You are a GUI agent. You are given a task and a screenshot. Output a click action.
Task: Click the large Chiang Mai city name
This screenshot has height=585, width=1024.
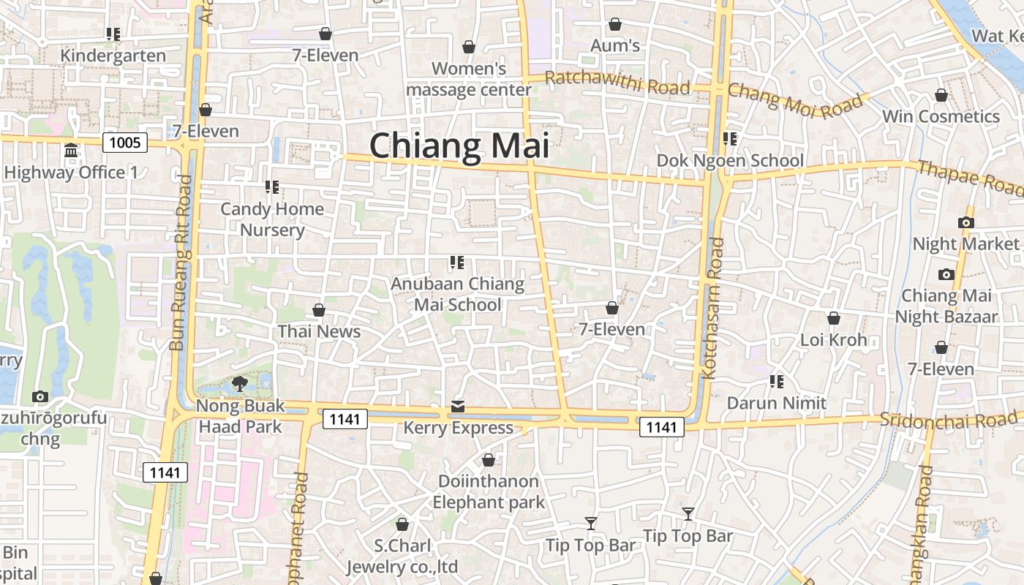pos(459,146)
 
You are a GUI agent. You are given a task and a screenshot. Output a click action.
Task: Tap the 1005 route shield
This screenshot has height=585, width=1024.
pos(125,142)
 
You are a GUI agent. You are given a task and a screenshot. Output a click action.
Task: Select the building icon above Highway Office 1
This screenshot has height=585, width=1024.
pos(71,151)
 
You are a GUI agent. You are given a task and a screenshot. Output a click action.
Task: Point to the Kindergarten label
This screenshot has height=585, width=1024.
pos(113,56)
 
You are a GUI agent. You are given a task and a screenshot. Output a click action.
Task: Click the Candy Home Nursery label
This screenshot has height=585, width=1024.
pos(272,219)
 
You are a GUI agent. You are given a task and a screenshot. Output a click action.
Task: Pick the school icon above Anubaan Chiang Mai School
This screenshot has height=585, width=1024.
pos(457,263)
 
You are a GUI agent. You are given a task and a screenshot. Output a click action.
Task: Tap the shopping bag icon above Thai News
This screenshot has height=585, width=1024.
pos(318,310)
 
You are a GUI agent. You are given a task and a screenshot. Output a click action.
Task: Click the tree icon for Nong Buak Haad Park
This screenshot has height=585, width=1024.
pos(239,383)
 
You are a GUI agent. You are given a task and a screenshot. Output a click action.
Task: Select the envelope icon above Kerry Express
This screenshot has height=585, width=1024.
pos(458,406)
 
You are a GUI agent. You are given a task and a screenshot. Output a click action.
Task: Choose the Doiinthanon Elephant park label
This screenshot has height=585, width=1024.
pos(489,491)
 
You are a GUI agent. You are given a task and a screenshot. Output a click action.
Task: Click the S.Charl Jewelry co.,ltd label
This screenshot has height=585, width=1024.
pos(402,556)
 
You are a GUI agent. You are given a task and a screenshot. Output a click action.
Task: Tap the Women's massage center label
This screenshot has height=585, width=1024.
pos(469,79)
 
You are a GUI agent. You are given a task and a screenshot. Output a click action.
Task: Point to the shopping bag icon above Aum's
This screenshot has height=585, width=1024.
pos(615,25)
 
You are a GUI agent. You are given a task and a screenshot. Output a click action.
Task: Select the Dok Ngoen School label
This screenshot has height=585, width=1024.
pos(730,161)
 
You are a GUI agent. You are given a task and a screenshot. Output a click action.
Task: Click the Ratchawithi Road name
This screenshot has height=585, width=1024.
pos(617,83)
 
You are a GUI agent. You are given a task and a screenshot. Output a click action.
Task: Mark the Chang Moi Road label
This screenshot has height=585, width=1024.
pos(795,101)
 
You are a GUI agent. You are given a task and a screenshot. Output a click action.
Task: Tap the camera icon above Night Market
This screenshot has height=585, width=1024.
pos(965,222)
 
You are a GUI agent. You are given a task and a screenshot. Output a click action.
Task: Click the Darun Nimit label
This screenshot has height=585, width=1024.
pos(776,403)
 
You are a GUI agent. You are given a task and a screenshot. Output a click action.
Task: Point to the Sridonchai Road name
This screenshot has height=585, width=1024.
pos(948,419)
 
